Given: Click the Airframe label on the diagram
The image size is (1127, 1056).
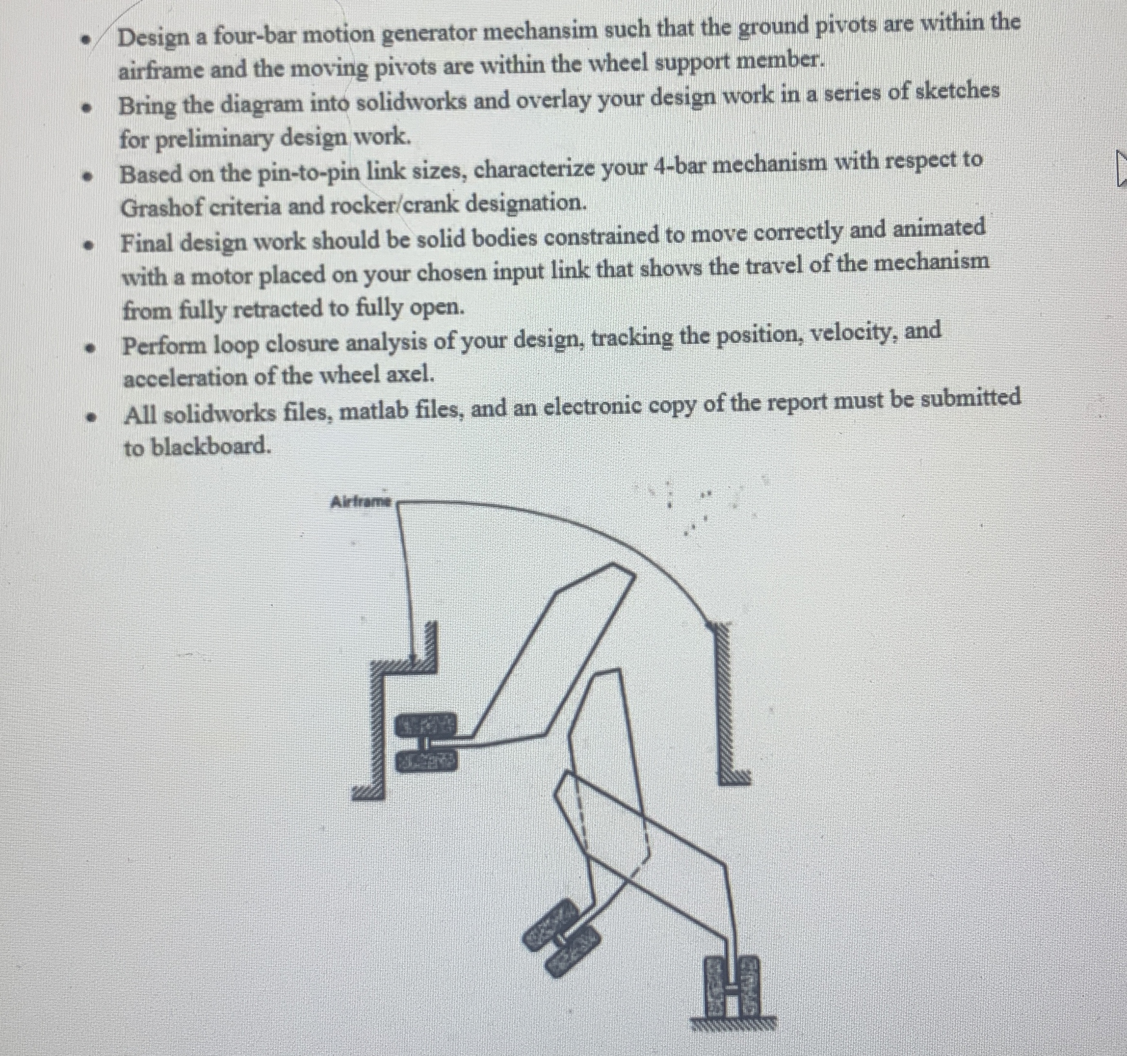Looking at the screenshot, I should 361,501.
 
